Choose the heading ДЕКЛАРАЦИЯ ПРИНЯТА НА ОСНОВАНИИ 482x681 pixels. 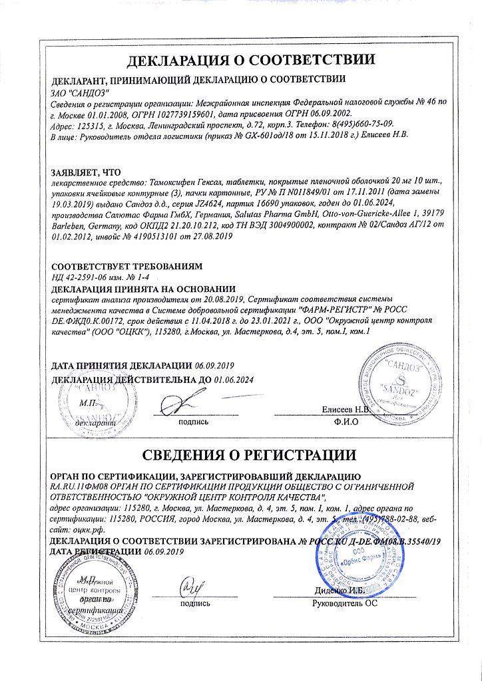click(143, 288)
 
